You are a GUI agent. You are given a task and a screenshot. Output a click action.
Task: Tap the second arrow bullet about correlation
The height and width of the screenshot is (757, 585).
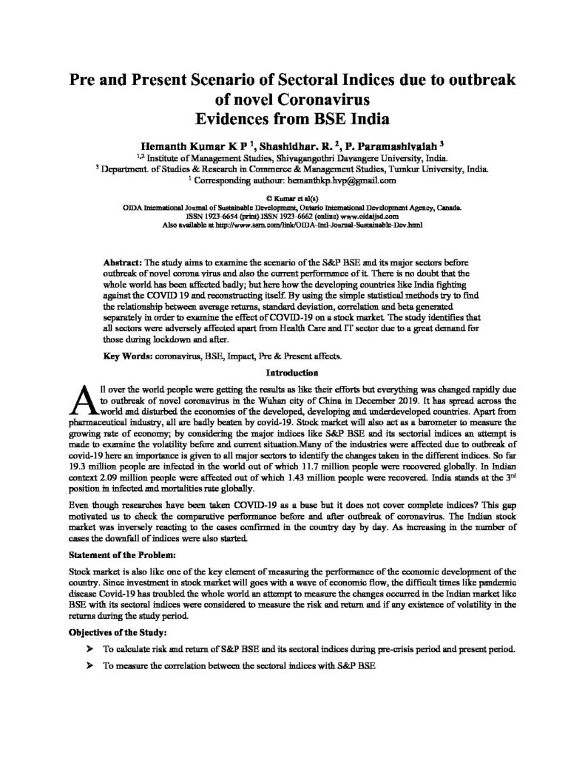[90, 666]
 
